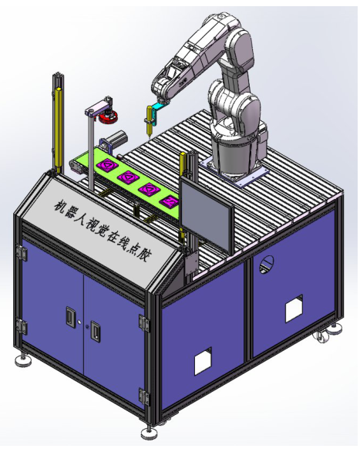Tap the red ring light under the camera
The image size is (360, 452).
tap(108, 116)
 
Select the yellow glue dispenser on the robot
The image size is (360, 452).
tap(150, 121)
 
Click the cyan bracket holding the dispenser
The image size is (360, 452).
tap(158, 111)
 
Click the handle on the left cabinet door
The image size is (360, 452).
tap(70, 316)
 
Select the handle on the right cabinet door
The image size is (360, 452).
tap(95, 329)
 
